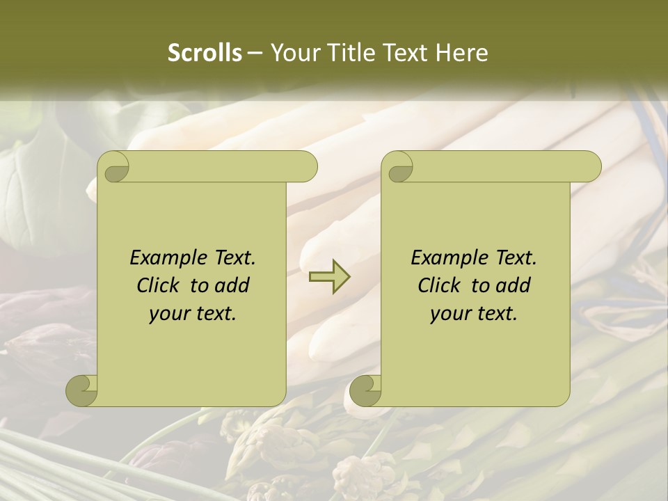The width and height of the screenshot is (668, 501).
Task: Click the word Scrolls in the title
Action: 205,53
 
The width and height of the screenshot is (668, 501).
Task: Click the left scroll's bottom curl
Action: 81,391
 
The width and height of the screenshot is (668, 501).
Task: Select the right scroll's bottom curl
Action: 365,391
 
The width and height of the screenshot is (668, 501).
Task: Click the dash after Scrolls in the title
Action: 255,53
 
